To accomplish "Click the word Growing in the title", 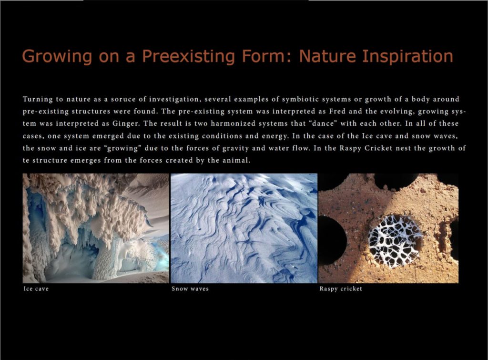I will click(x=50, y=56).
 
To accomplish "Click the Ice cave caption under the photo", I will click(x=36, y=289).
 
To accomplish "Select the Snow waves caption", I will click(x=190, y=289).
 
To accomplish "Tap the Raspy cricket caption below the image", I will click(x=341, y=289).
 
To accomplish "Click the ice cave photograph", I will click(x=96, y=228).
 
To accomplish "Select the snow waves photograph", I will click(x=244, y=228).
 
